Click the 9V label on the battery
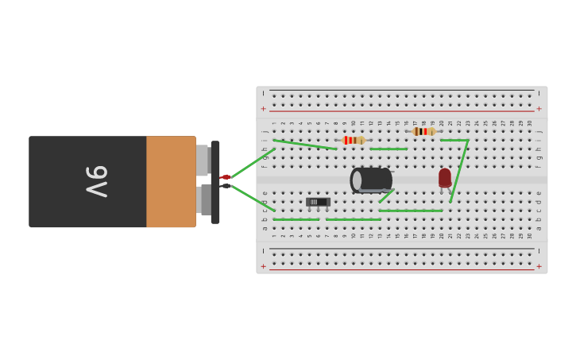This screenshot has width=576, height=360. click(96, 182)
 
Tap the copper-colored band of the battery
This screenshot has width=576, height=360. click(171, 182)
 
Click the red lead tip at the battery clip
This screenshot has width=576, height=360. click(226, 176)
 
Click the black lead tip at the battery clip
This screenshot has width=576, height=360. click(226, 186)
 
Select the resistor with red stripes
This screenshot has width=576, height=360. click(352, 140)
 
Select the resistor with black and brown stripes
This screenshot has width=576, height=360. click(423, 131)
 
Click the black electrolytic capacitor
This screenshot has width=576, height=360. click(372, 180)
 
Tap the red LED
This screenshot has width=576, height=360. click(445, 177)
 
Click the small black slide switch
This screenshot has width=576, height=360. click(317, 202)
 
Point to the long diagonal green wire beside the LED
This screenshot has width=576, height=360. click(459, 171)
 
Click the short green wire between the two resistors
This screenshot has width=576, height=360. click(389, 149)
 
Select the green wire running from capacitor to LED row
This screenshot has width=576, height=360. click(410, 211)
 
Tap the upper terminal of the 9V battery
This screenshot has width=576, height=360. click(203, 161)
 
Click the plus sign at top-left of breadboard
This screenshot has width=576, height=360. click(264, 108)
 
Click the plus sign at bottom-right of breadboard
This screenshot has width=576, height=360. click(539, 266)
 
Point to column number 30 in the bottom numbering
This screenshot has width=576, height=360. click(530, 235)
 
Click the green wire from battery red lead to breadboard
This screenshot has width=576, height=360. click(253, 162)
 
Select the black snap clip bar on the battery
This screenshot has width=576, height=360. click(215, 182)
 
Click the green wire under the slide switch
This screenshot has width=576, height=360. click(296, 219)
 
